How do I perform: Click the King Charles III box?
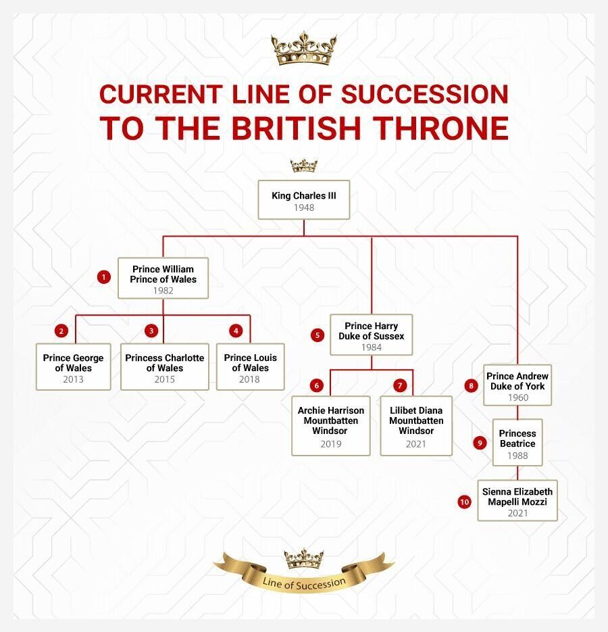click(x=304, y=200)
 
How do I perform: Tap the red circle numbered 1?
click(x=104, y=277)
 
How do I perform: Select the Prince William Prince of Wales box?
click(x=163, y=278)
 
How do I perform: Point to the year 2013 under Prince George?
click(x=74, y=379)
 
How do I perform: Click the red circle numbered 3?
click(x=151, y=331)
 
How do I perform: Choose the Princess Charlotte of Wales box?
click(x=165, y=367)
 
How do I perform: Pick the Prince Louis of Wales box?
click(x=250, y=367)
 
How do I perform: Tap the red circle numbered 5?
click(x=318, y=335)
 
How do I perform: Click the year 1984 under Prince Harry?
click(x=371, y=347)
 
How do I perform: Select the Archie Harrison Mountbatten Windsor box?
click(x=331, y=426)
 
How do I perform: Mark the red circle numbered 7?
click(x=400, y=386)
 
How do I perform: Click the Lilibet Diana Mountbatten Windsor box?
click(x=416, y=426)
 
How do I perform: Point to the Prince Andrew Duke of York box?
click(x=517, y=385)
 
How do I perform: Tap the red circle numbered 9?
click(x=480, y=443)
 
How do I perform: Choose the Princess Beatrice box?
click(x=517, y=443)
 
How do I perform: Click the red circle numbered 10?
click(x=465, y=502)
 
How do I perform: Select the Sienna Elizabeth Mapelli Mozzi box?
click(x=517, y=501)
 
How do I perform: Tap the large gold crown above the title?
click(x=304, y=49)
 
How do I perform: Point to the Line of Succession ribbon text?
click(x=304, y=583)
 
